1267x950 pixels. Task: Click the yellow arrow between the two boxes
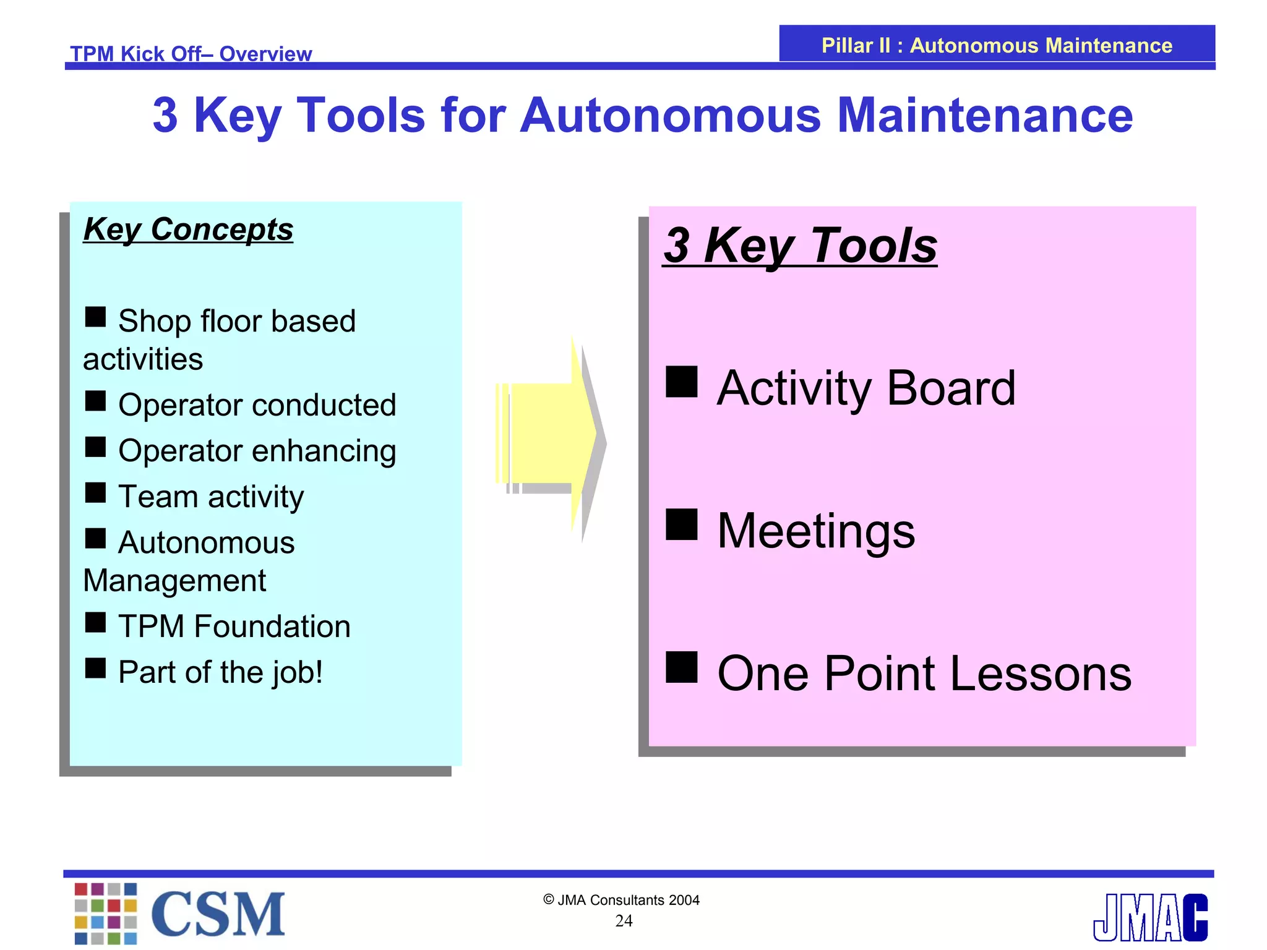point(548,436)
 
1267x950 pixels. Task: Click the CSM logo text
point(218,914)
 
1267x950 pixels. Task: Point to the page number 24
point(624,921)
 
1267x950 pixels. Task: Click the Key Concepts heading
point(188,230)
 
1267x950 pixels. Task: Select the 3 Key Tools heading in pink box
point(800,246)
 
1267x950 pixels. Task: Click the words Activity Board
point(866,388)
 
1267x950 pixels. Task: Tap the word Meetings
point(815,531)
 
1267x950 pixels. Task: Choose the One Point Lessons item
point(924,674)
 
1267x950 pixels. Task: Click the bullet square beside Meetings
point(681,524)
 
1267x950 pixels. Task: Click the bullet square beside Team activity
point(95,493)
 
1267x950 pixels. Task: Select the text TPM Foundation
point(234,626)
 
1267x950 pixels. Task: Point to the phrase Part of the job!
point(220,672)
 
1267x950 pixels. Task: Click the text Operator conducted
point(257,405)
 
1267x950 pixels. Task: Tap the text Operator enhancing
point(257,451)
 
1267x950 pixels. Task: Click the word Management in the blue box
point(174,581)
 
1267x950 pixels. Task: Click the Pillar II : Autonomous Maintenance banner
point(996,45)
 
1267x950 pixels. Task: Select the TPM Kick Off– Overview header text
point(191,54)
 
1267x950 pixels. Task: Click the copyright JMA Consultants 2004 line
point(621,900)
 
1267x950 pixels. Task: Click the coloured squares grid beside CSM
point(106,914)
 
